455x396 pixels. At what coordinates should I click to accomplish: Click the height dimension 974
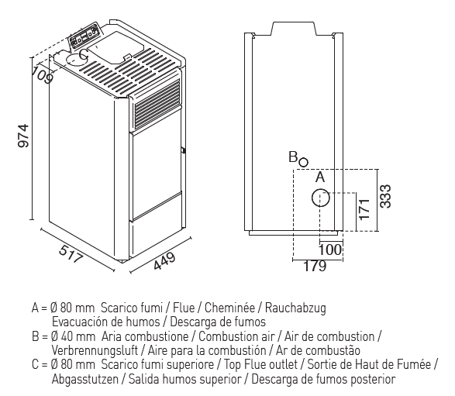click(x=23, y=136)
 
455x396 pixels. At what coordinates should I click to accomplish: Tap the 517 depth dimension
click(x=71, y=254)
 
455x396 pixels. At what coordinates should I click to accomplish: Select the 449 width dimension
click(x=164, y=261)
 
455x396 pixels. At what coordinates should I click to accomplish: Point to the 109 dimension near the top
click(x=43, y=74)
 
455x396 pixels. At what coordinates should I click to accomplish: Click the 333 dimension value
click(x=386, y=196)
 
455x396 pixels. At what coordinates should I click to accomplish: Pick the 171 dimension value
click(x=364, y=209)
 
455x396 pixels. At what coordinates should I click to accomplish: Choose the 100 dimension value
click(x=330, y=250)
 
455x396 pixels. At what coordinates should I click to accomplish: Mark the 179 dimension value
click(x=315, y=266)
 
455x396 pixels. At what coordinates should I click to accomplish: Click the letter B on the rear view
click(x=293, y=157)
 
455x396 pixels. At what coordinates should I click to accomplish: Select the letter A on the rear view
click(x=320, y=177)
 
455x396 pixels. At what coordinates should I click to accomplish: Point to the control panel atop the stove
click(x=85, y=35)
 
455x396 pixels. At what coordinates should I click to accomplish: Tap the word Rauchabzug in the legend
click(x=295, y=308)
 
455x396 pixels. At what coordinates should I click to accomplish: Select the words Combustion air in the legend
click(x=236, y=336)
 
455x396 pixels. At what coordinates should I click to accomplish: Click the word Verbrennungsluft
click(x=95, y=350)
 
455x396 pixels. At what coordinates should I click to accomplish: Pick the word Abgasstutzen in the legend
click(x=85, y=379)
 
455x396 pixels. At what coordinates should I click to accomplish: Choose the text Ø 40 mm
click(x=73, y=336)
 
